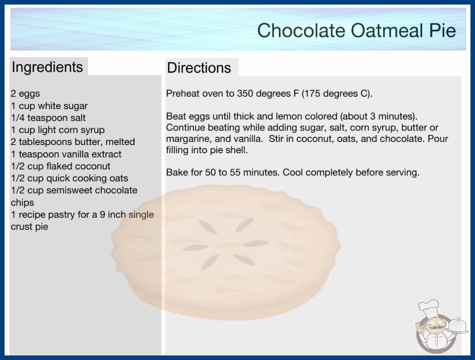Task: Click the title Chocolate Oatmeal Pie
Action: [356, 30]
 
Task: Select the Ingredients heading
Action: [47, 67]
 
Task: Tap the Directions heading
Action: [199, 68]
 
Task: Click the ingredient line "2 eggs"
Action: [25, 94]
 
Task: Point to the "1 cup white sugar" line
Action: [49, 106]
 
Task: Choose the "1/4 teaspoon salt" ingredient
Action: [49, 118]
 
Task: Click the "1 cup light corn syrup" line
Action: [58, 130]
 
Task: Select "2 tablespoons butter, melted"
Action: [73, 142]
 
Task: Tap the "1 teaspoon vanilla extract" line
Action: [66, 154]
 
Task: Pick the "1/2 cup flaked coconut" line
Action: [60, 166]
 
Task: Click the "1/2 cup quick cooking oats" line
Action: [69, 178]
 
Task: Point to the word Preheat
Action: [183, 94]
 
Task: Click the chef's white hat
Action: [429, 308]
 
